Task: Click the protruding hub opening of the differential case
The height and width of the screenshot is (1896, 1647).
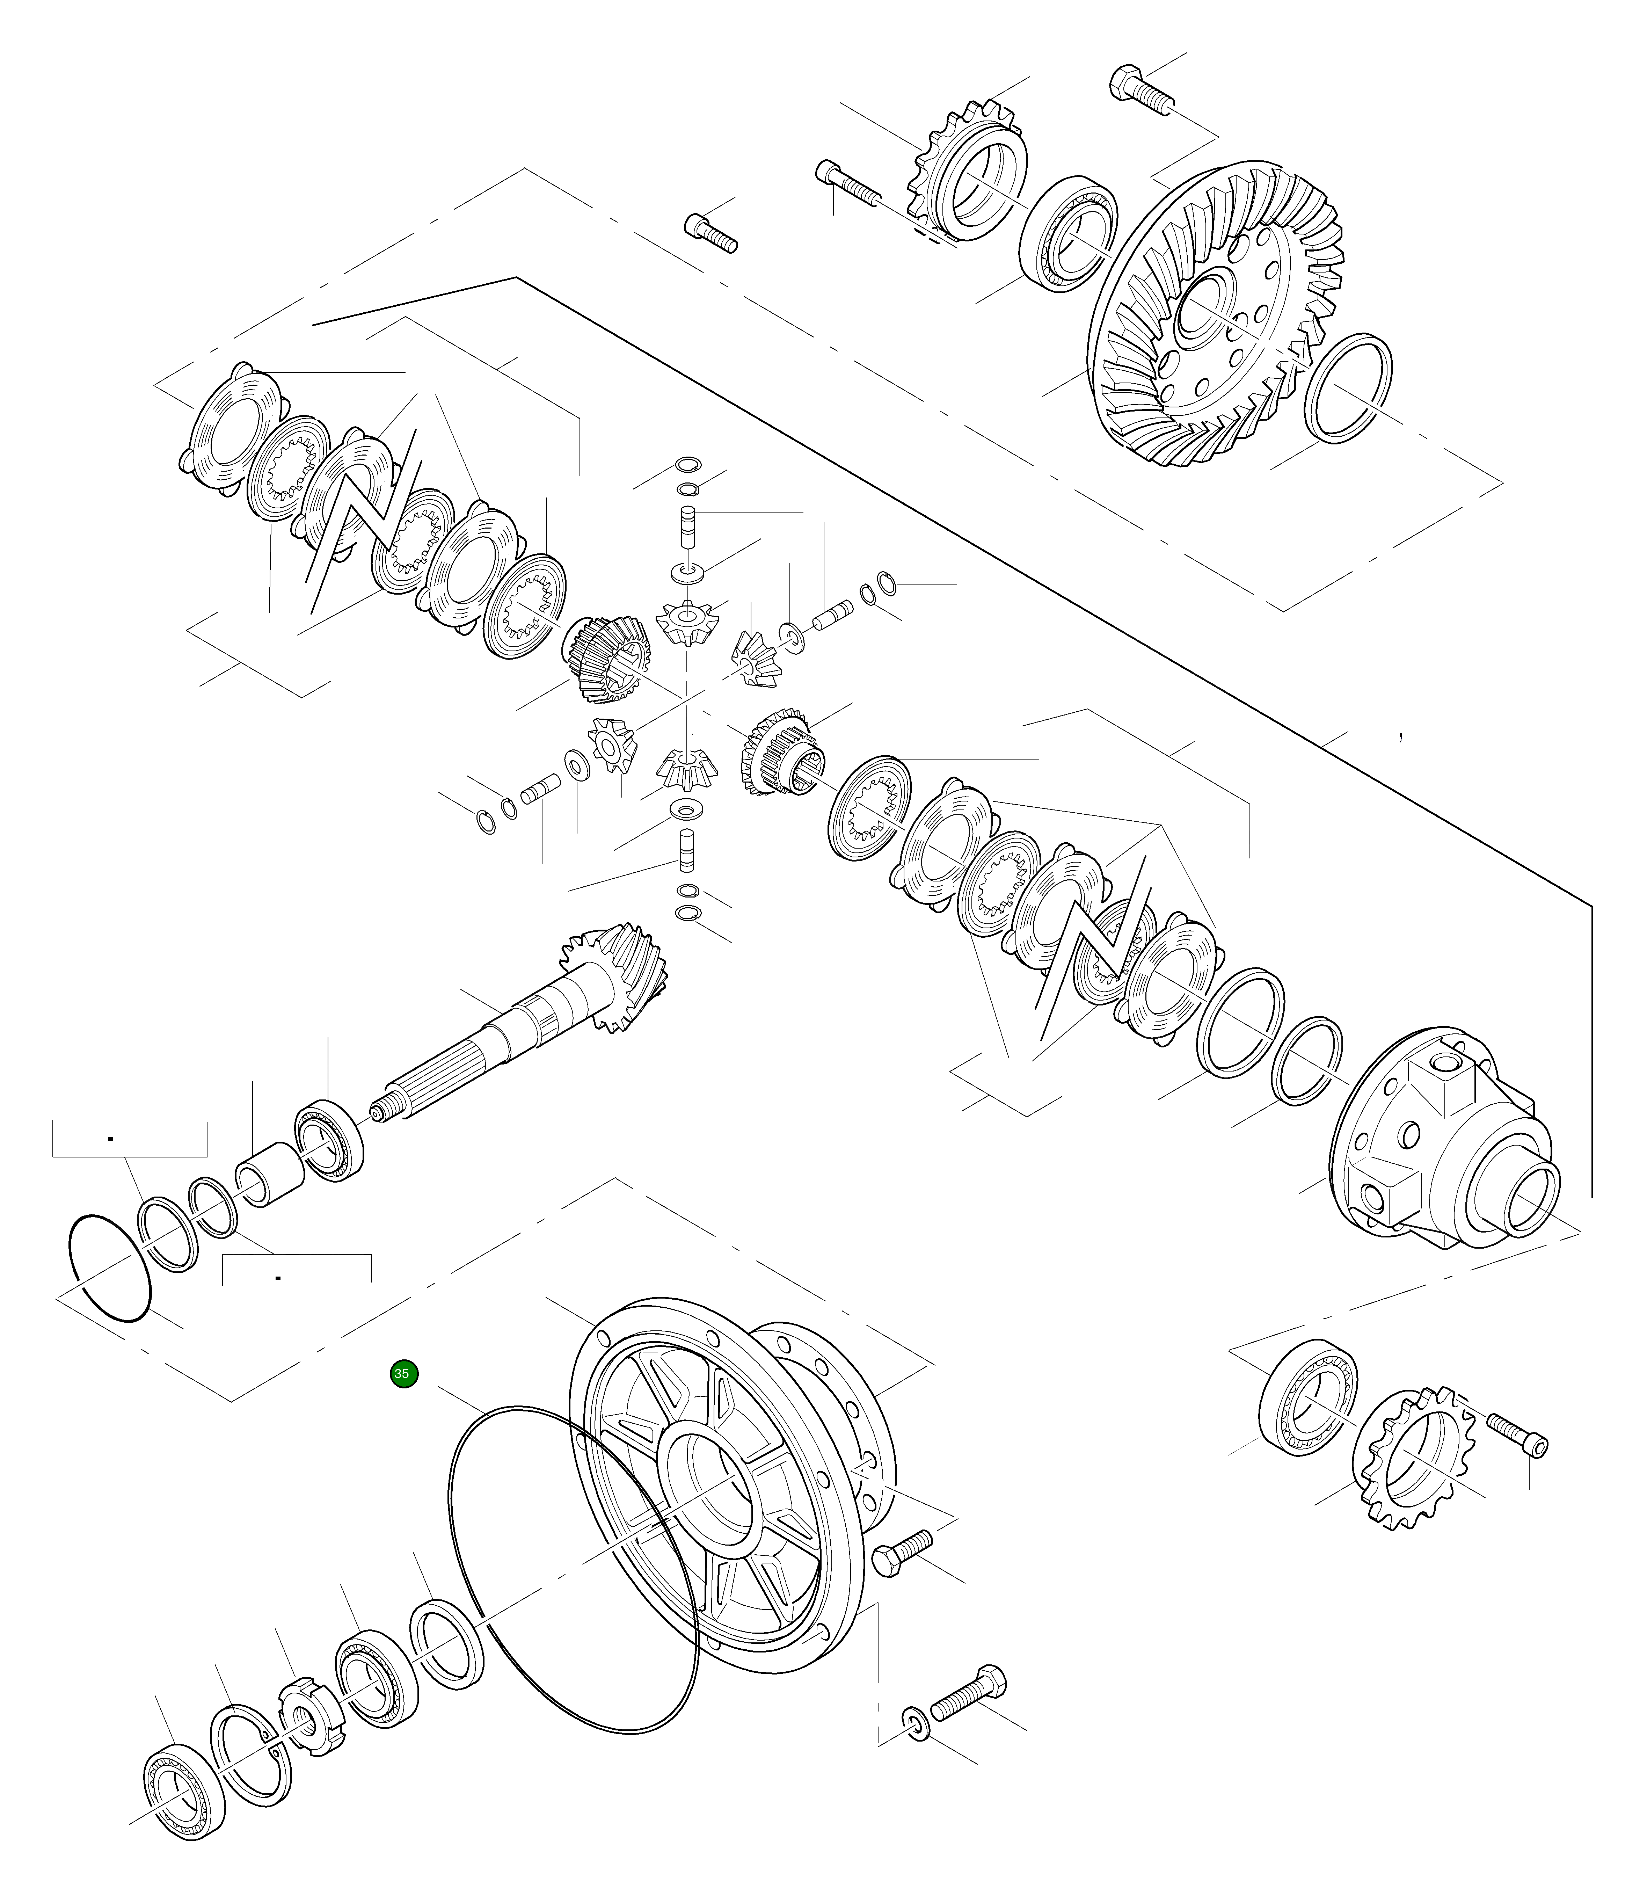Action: [1530, 1202]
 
